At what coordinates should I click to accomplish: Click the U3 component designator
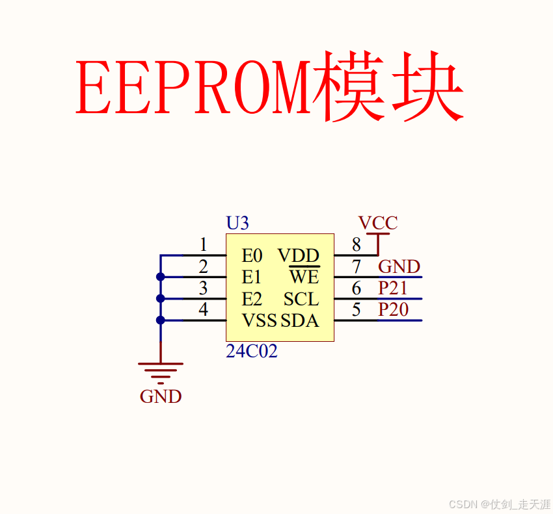click(237, 224)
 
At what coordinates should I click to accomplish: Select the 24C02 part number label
click(252, 352)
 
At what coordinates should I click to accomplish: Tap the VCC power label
click(378, 224)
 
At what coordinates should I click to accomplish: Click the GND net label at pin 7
click(399, 266)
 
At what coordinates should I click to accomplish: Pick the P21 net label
click(394, 288)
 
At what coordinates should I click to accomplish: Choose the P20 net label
click(394, 309)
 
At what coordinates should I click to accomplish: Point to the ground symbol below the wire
click(161, 370)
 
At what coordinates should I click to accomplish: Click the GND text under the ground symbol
click(161, 396)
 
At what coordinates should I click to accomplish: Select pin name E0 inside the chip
click(252, 255)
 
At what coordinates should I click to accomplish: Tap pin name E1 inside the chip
click(252, 277)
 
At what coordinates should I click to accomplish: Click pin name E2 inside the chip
click(252, 299)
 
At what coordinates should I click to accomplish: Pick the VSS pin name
click(259, 320)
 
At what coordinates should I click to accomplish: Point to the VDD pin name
click(299, 255)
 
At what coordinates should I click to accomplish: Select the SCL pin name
click(301, 299)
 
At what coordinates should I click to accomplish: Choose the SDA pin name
click(300, 320)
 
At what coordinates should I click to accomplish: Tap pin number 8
click(356, 245)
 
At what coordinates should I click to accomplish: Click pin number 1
click(204, 245)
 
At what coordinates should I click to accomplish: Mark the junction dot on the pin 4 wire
click(161, 320)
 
